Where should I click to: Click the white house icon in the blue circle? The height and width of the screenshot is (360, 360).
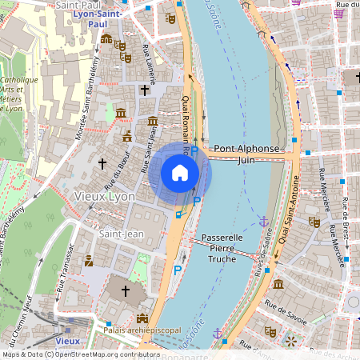pos(180,172)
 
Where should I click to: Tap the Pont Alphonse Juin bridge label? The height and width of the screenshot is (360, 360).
pos(247,154)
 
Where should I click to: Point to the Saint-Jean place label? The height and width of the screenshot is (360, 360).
pos(121,234)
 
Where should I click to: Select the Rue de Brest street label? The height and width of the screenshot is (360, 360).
pos(345,216)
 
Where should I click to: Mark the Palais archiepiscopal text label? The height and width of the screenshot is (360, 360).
pos(142,329)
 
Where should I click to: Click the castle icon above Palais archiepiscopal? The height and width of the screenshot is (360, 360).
pos(142,317)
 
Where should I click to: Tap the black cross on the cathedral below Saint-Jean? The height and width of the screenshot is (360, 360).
pos(124,290)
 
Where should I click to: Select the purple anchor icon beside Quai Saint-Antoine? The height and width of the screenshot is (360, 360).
pos(262,220)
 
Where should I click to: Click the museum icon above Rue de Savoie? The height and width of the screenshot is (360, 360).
pos(278,284)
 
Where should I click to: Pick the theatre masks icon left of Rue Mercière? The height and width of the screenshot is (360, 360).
pos(314,222)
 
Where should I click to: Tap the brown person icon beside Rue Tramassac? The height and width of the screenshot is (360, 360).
pos(88,260)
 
